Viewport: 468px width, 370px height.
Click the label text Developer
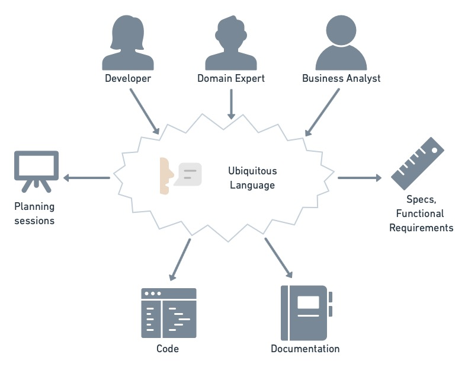[x=128, y=78]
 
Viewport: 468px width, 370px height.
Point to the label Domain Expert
[x=231, y=78]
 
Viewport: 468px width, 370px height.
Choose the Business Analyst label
[x=341, y=78]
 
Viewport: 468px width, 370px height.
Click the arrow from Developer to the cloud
[x=144, y=111]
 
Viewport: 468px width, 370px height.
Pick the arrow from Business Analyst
[x=323, y=112]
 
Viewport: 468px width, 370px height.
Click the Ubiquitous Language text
[x=252, y=178]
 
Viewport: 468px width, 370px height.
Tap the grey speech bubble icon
[x=189, y=174]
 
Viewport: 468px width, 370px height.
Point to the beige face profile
[x=166, y=176]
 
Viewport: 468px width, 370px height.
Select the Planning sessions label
[x=34, y=213]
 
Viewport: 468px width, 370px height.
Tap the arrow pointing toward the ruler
[x=360, y=178]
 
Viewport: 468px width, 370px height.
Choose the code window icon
[x=169, y=312]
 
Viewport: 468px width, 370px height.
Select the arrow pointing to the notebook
[x=278, y=258]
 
